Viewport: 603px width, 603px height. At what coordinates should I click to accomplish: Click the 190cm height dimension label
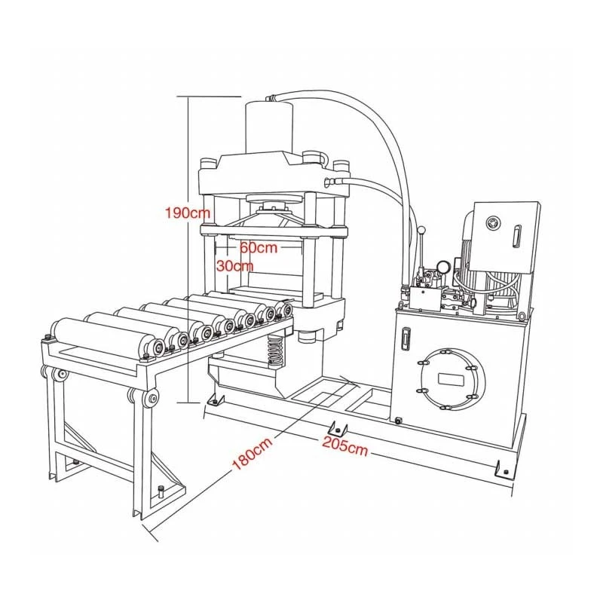(x=188, y=212)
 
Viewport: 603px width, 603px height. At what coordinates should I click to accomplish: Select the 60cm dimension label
(x=259, y=247)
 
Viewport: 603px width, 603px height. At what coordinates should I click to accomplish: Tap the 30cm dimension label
(x=234, y=265)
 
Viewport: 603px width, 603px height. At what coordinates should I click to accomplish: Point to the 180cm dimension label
(x=253, y=453)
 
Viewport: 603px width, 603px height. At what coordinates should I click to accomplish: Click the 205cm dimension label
(x=344, y=445)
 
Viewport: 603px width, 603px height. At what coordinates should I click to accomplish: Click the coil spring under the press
(x=275, y=350)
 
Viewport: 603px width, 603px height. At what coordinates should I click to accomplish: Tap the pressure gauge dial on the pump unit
(x=442, y=267)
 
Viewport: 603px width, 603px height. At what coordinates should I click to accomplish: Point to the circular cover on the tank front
(x=451, y=379)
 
